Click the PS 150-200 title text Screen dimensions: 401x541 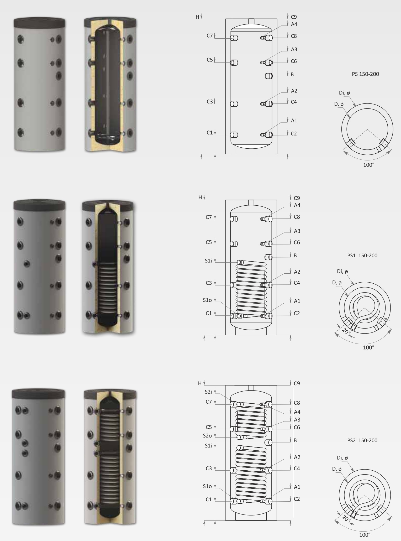(x=365, y=74)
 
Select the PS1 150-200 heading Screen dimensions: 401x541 (x=362, y=256)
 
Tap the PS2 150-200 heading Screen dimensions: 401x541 (x=362, y=440)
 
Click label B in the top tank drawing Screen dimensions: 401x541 (x=292, y=74)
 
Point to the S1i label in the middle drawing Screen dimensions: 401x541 (x=208, y=261)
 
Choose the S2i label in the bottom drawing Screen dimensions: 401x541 (x=208, y=392)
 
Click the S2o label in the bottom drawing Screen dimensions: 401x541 (x=207, y=436)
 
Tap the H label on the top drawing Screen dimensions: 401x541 (x=197, y=17)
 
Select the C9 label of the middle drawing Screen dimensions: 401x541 (x=297, y=198)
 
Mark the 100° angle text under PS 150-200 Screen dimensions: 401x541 (x=369, y=165)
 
